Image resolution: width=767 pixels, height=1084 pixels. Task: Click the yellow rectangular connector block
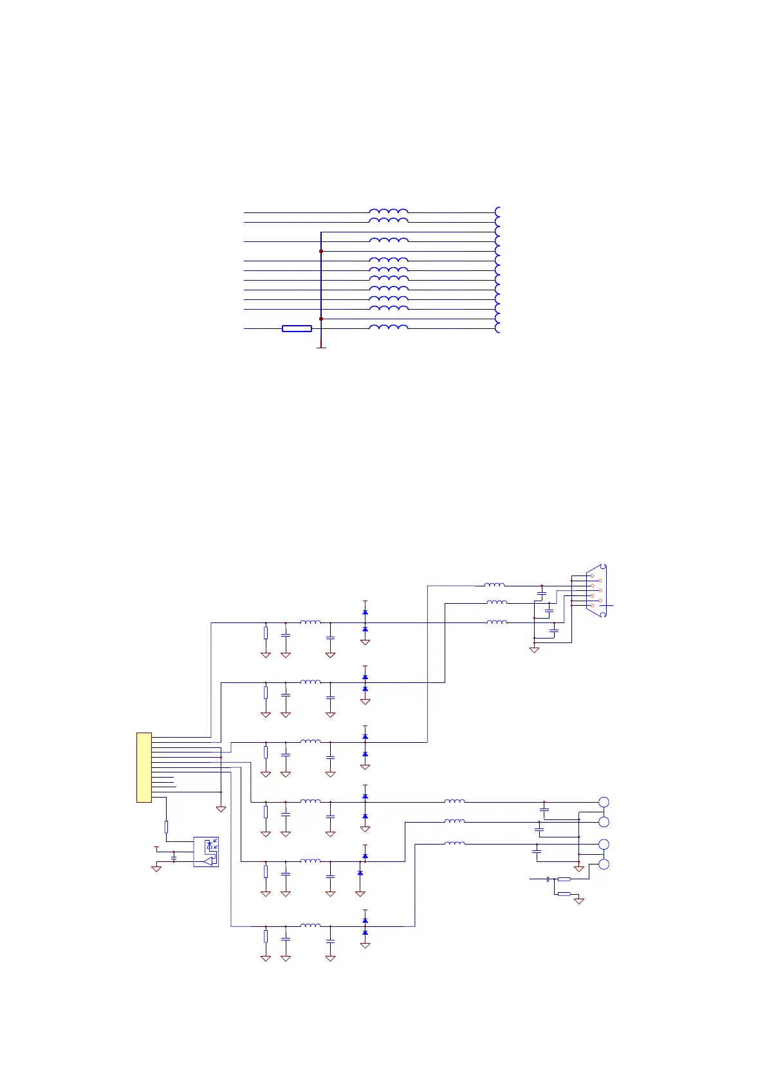pyautogui.click(x=144, y=767)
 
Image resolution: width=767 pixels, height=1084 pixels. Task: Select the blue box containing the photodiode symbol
pyautogui.click(x=206, y=852)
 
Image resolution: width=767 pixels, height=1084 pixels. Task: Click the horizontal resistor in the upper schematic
pyautogui.click(x=297, y=329)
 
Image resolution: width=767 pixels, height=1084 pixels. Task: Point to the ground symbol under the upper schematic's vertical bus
pyautogui.click(x=321, y=347)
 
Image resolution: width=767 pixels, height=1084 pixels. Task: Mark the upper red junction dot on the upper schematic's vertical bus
pyautogui.click(x=321, y=251)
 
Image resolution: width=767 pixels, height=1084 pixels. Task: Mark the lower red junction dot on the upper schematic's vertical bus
pyautogui.click(x=321, y=319)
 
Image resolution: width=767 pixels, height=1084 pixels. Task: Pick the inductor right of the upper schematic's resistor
pyautogui.click(x=389, y=328)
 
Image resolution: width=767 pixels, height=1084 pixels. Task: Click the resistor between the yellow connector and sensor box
pyautogui.click(x=166, y=827)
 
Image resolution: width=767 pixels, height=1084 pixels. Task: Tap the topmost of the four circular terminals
pyautogui.click(x=604, y=802)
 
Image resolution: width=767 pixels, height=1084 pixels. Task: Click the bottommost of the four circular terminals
pyautogui.click(x=604, y=864)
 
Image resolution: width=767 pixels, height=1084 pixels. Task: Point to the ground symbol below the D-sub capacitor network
pyautogui.click(x=534, y=650)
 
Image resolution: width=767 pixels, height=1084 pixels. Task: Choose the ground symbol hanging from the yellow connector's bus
pyautogui.click(x=221, y=808)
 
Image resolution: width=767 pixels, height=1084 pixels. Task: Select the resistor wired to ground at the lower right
pyautogui.click(x=564, y=894)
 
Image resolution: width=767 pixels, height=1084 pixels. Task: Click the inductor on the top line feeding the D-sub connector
pyautogui.click(x=494, y=585)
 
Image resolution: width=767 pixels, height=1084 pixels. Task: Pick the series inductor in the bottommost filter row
pyautogui.click(x=310, y=926)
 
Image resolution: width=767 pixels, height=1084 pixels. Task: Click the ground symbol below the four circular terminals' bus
pyautogui.click(x=579, y=869)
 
